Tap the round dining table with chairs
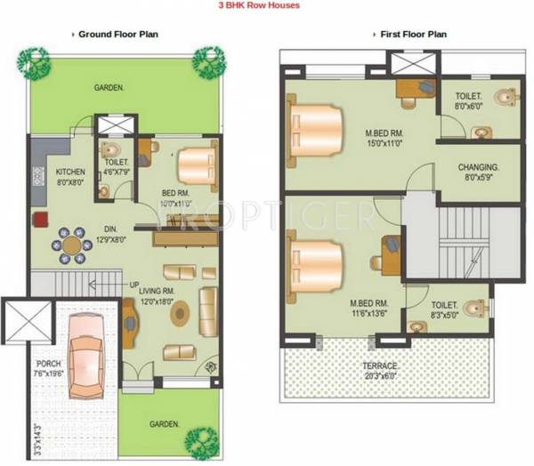pos(69,246)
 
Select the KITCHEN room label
pos(70,172)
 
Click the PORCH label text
pos(48,363)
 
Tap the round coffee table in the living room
pos(180,312)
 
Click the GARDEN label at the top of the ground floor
pos(109,87)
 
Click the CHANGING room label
pos(478,167)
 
